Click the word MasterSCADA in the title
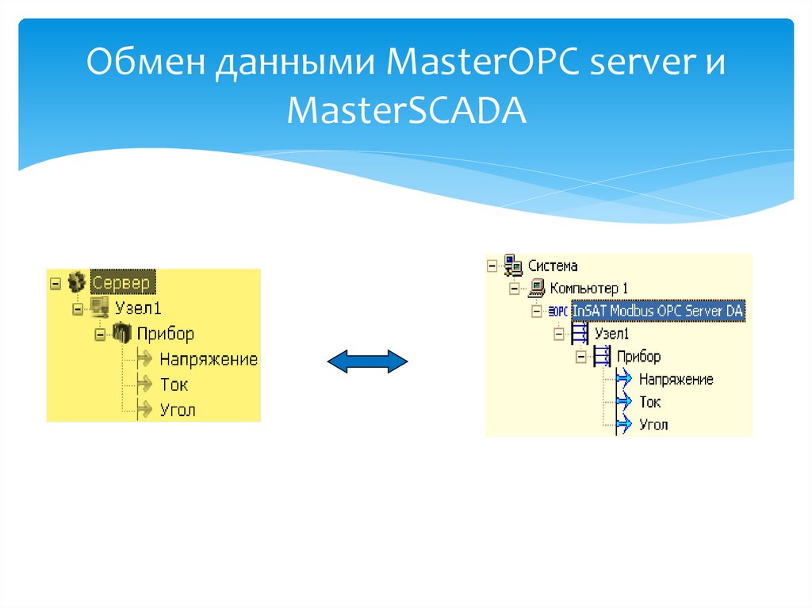[407, 110]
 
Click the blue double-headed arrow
[367, 362]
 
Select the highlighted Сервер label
[124, 281]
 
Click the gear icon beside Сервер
[77, 281]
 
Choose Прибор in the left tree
[165, 334]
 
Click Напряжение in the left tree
[208, 359]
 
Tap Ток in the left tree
[174, 384]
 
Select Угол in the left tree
[177, 410]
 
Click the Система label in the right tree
[553, 266]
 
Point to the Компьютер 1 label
[588, 289]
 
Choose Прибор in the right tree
[638, 357]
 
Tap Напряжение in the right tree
[676, 380]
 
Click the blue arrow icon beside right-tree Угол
[623, 424]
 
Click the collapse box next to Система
[492, 266]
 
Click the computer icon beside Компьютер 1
[537, 289]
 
